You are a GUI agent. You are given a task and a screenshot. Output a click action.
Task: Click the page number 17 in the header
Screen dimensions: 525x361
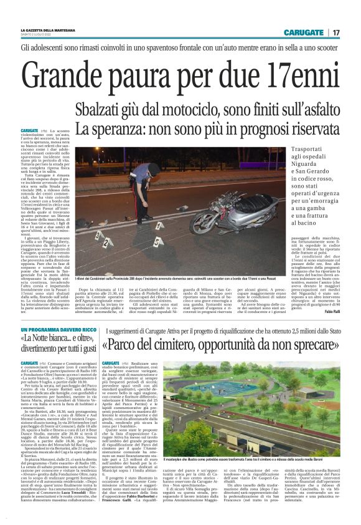pyautogui.click(x=336, y=32)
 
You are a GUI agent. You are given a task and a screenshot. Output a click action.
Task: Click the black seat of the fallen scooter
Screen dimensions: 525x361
pyautogui.click(x=258, y=204)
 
